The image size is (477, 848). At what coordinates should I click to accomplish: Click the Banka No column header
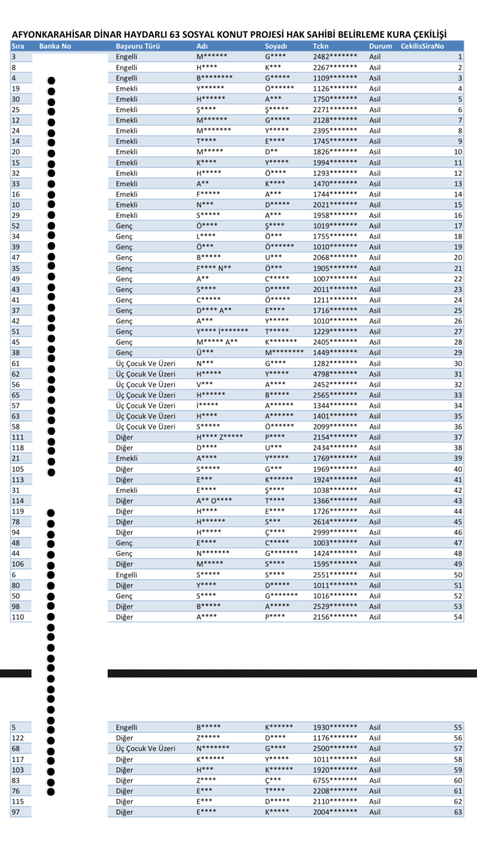point(55,46)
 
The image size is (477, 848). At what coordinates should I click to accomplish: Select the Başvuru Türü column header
point(138,46)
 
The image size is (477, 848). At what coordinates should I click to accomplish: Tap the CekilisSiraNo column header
point(422,46)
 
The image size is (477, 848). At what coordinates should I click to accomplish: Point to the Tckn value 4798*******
point(335,374)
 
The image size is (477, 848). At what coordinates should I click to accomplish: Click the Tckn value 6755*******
point(335,780)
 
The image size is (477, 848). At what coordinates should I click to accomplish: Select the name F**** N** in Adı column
point(214,268)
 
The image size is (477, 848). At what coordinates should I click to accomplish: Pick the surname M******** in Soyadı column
point(284,353)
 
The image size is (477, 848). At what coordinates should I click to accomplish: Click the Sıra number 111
point(18,437)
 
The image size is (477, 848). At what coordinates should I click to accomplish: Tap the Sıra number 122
point(18,738)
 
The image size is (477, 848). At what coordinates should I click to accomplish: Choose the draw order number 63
point(458,812)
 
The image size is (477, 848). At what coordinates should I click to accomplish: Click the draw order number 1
point(460,57)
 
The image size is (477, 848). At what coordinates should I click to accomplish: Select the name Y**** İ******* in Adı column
point(222,331)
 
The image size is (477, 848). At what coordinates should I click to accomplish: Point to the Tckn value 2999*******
point(335,532)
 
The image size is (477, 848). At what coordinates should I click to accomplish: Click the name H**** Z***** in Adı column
point(219,437)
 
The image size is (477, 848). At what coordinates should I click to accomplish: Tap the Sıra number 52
point(15,226)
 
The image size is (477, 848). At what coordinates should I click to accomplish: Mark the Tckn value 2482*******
point(335,57)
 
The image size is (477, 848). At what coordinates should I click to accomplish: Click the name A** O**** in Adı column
point(214,501)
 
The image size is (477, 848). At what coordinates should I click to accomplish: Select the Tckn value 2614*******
point(335,522)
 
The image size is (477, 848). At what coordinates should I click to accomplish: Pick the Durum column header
point(380,46)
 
